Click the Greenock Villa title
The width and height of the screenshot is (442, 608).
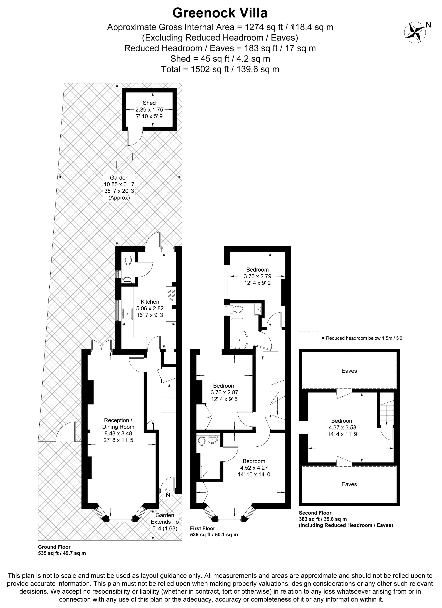point(220,13)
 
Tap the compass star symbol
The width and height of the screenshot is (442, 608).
point(415,32)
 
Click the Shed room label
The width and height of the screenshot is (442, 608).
point(149,103)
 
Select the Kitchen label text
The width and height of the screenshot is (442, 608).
point(150,302)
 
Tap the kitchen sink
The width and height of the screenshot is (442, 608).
point(127,314)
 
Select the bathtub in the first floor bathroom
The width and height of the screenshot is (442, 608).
point(238,333)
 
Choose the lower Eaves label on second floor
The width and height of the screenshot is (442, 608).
point(349,484)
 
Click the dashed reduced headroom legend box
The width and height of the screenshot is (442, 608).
point(309,338)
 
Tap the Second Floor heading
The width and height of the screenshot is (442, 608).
point(315,513)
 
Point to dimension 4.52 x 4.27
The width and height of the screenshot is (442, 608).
point(254,468)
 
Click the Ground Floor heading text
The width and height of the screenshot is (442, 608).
point(54,547)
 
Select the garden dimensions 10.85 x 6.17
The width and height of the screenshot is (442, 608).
point(119,184)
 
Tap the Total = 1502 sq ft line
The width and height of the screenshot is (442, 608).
point(220,69)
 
